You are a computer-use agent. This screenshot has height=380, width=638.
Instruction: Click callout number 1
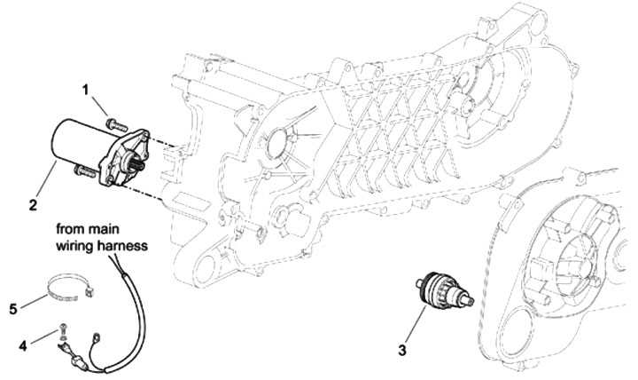87,90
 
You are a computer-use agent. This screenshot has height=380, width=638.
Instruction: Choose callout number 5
13,309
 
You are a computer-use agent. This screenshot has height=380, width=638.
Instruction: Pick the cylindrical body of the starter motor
74,145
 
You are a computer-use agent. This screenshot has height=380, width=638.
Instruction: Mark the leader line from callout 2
46,184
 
